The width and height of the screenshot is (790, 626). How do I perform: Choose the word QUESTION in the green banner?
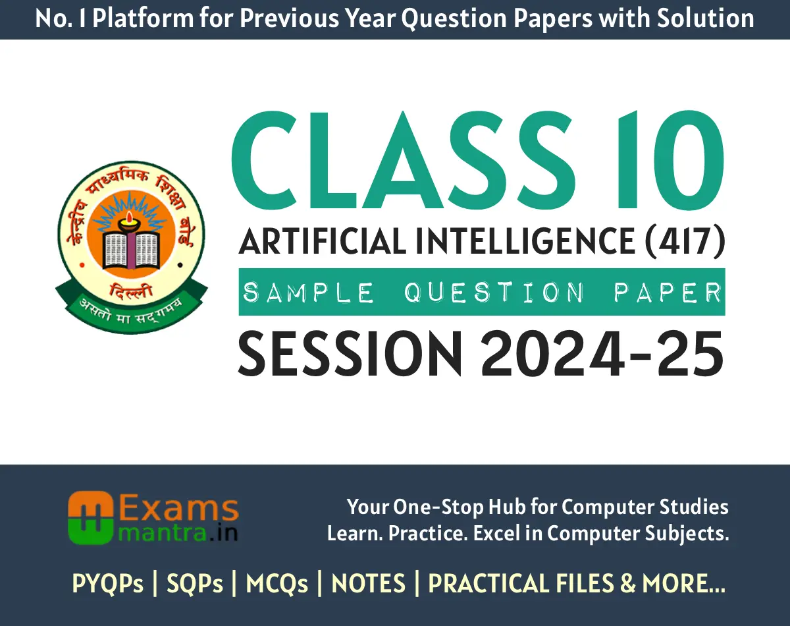[494, 292]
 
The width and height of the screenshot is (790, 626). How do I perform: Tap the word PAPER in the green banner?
[668, 292]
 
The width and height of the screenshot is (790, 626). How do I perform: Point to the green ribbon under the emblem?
[130, 303]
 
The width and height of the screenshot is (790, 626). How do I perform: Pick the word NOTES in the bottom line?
[369, 584]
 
